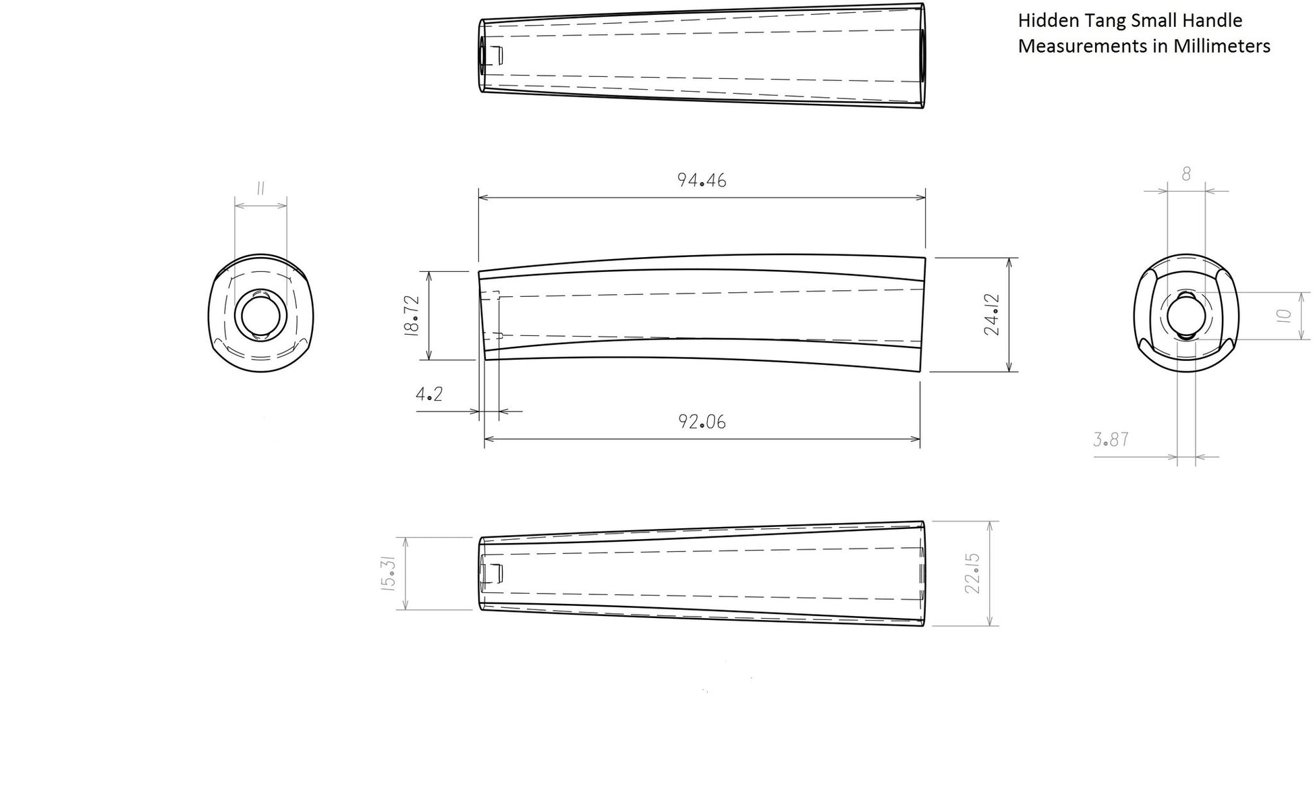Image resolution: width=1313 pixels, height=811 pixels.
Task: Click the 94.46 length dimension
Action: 702,180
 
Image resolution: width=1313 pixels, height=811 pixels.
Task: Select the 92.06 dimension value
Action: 702,422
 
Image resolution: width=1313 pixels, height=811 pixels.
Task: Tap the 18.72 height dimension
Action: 412,315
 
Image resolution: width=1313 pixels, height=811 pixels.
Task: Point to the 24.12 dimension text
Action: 992,314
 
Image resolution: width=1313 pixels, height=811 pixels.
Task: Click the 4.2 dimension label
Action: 429,394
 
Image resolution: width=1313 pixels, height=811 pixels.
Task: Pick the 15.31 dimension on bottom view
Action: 389,574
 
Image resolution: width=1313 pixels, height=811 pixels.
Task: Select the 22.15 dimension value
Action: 972,574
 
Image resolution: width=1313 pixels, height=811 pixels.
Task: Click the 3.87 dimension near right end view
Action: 1111,439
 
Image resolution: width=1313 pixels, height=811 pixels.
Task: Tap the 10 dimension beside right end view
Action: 1284,315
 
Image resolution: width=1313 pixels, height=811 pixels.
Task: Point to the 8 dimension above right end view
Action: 1186,174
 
